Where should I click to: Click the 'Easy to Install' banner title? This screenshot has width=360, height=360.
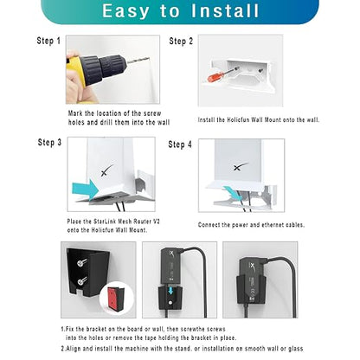point(181,11)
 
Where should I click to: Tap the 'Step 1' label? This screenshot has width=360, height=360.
point(48,41)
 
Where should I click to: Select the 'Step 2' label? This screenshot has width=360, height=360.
point(181,42)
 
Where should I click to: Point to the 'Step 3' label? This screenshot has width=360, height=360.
point(49,142)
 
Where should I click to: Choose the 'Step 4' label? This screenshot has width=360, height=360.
point(180,145)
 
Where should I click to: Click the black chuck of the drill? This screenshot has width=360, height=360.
point(103,67)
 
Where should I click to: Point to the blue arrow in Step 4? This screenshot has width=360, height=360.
point(233,192)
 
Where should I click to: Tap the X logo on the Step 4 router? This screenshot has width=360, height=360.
point(241,166)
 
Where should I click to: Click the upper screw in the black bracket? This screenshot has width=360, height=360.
point(80,263)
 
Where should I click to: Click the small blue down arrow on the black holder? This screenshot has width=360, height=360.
point(171,290)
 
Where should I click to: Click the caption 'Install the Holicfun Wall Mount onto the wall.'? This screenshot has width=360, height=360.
point(259,119)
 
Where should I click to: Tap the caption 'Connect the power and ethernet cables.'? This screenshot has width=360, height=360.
point(251,225)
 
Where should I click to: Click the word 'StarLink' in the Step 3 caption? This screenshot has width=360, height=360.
point(105,222)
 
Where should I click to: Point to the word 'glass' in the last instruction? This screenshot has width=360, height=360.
point(296,349)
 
